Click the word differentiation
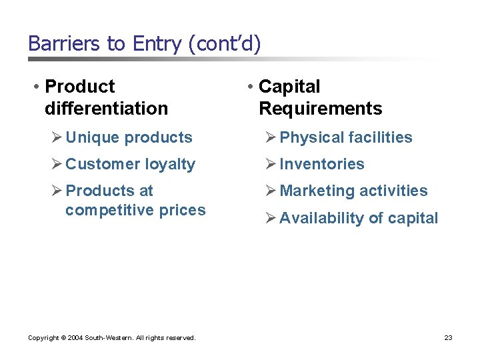106,108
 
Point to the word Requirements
320,108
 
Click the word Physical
310,137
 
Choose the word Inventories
322,164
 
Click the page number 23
448,338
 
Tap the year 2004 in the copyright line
74,338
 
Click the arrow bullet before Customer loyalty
57,164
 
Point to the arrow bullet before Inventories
271,164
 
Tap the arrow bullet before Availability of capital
271,218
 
